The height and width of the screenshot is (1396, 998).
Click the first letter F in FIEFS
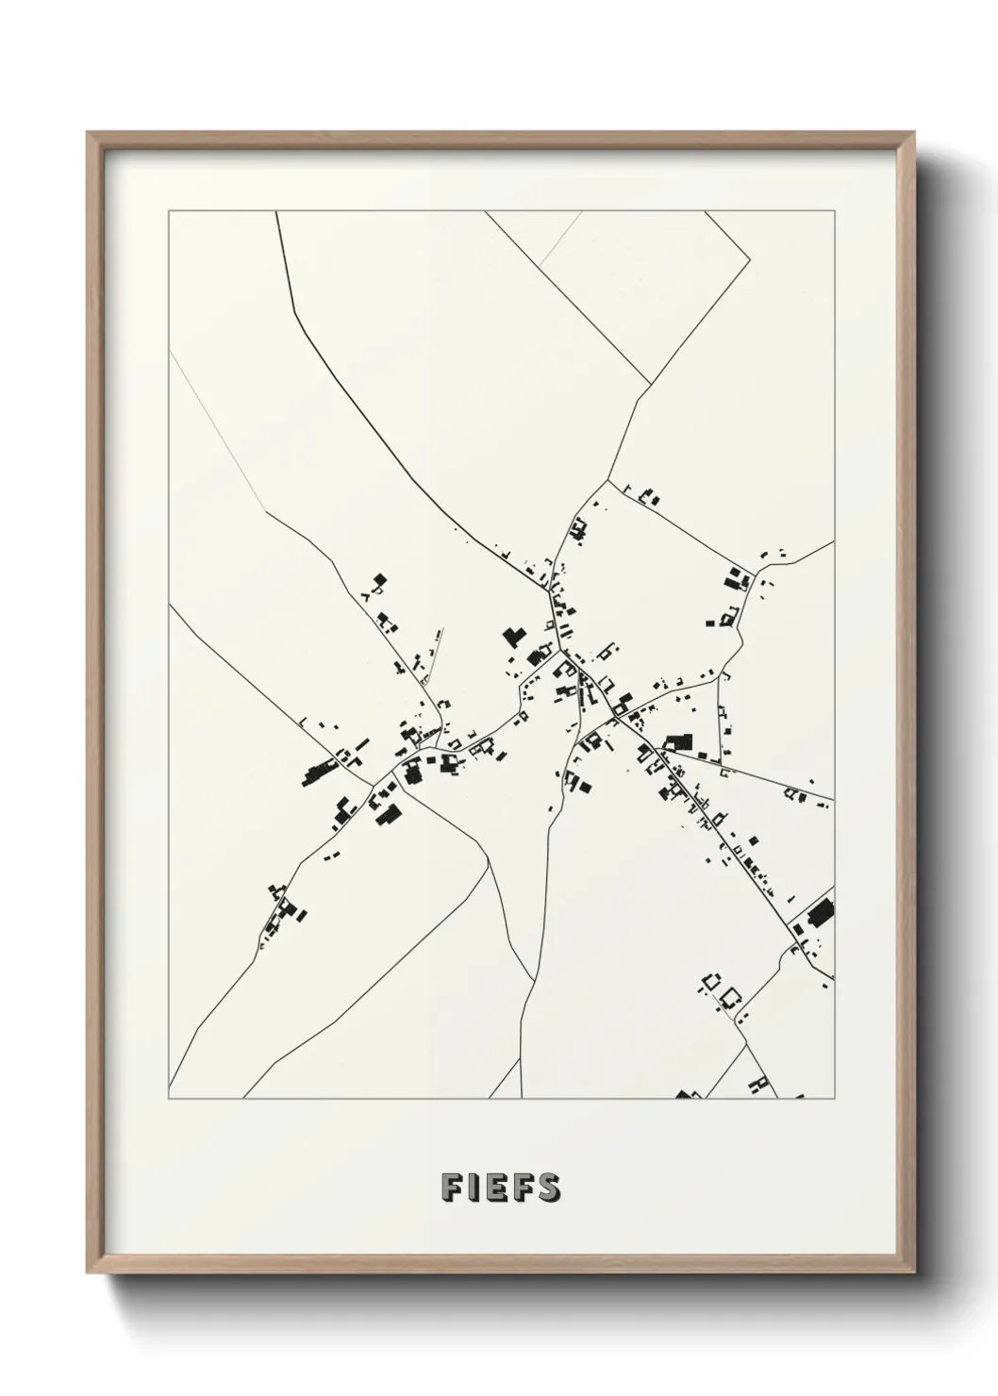(x=449, y=1187)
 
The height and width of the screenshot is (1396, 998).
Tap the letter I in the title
(x=473, y=1187)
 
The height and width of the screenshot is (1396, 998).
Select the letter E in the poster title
(x=496, y=1187)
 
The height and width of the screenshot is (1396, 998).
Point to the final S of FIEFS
(x=548, y=1187)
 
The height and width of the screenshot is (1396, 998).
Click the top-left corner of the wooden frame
(x=88, y=133)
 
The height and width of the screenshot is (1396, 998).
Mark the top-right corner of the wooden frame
(x=912, y=133)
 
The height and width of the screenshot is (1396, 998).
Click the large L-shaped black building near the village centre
(x=512, y=634)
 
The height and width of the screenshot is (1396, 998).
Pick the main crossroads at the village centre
(x=562, y=650)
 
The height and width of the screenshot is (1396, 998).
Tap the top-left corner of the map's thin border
(x=169, y=211)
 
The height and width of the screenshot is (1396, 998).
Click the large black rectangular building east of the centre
(x=679, y=742)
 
